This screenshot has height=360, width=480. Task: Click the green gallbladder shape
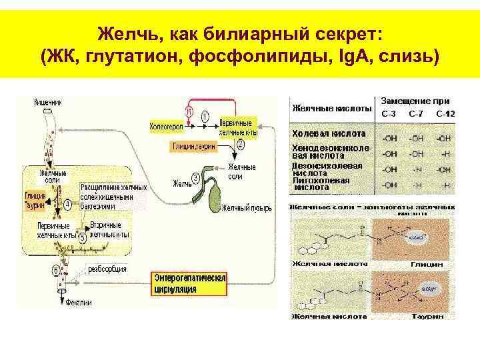[217, 193]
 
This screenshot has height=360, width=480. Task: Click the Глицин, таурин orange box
[193, 147]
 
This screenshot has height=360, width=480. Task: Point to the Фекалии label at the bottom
[78, 302]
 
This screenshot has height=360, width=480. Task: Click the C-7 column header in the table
[416, 114]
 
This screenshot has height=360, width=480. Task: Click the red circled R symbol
[189, 112]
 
